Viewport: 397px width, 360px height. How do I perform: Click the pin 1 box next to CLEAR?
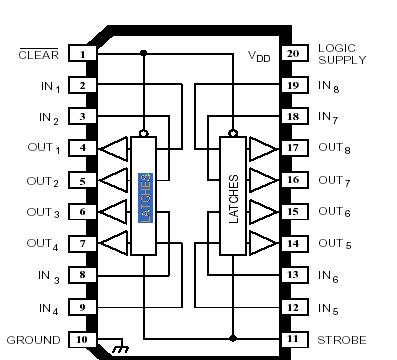point(83,54)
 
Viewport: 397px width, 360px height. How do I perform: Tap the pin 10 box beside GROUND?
point(83,339)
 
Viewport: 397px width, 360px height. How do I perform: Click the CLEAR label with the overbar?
point(40,54)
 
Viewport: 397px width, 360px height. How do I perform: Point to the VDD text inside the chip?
point(259,56)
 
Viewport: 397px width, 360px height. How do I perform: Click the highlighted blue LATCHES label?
point(145,196)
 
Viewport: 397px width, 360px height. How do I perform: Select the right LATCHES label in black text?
point(234,196)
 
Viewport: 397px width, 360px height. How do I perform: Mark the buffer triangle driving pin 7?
point(116,243)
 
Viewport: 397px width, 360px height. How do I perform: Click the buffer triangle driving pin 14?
point(262,243)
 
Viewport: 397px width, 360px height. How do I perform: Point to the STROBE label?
point(341,339)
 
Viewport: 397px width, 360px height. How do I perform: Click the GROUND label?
point(34,339)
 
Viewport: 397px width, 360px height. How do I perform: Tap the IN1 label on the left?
point(50,87)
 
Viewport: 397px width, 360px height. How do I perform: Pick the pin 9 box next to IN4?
point(83,307)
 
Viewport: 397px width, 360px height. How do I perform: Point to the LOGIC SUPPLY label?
point(342,54)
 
